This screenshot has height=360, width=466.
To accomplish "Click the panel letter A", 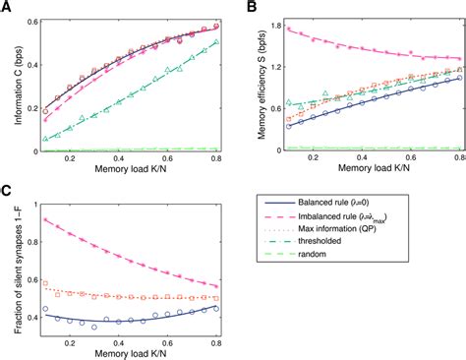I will [x=7, y=9].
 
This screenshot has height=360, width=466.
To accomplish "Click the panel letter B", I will [x=251, y=9].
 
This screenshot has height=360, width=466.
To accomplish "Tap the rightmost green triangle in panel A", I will [x=214, y=43].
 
